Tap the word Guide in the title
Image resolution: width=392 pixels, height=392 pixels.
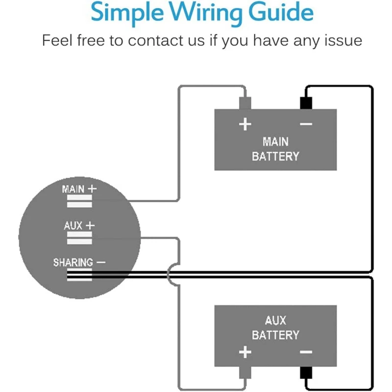(281, 11)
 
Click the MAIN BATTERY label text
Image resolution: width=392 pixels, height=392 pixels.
(275, 149)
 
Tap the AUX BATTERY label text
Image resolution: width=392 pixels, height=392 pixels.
(275, 328)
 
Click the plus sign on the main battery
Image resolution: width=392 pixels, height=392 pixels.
(245, 124)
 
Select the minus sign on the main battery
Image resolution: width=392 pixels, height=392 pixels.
(306, 124)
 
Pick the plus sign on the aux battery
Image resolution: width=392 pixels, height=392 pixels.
(245, 352)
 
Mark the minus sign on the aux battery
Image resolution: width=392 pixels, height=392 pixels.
(306, 352)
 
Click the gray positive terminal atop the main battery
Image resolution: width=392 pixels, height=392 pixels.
(245, 103)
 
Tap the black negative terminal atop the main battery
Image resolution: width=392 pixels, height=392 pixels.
(306, 103)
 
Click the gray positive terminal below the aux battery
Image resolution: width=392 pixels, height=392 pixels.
(245, 373)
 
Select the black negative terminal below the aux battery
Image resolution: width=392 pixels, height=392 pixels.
(306, 373)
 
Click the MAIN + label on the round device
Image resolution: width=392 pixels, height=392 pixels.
(79, 189)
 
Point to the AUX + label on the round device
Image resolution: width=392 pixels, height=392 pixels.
(79, 226)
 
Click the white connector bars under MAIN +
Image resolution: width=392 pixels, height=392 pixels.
(79, 201)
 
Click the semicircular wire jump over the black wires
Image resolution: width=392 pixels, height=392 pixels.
(168, 274)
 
